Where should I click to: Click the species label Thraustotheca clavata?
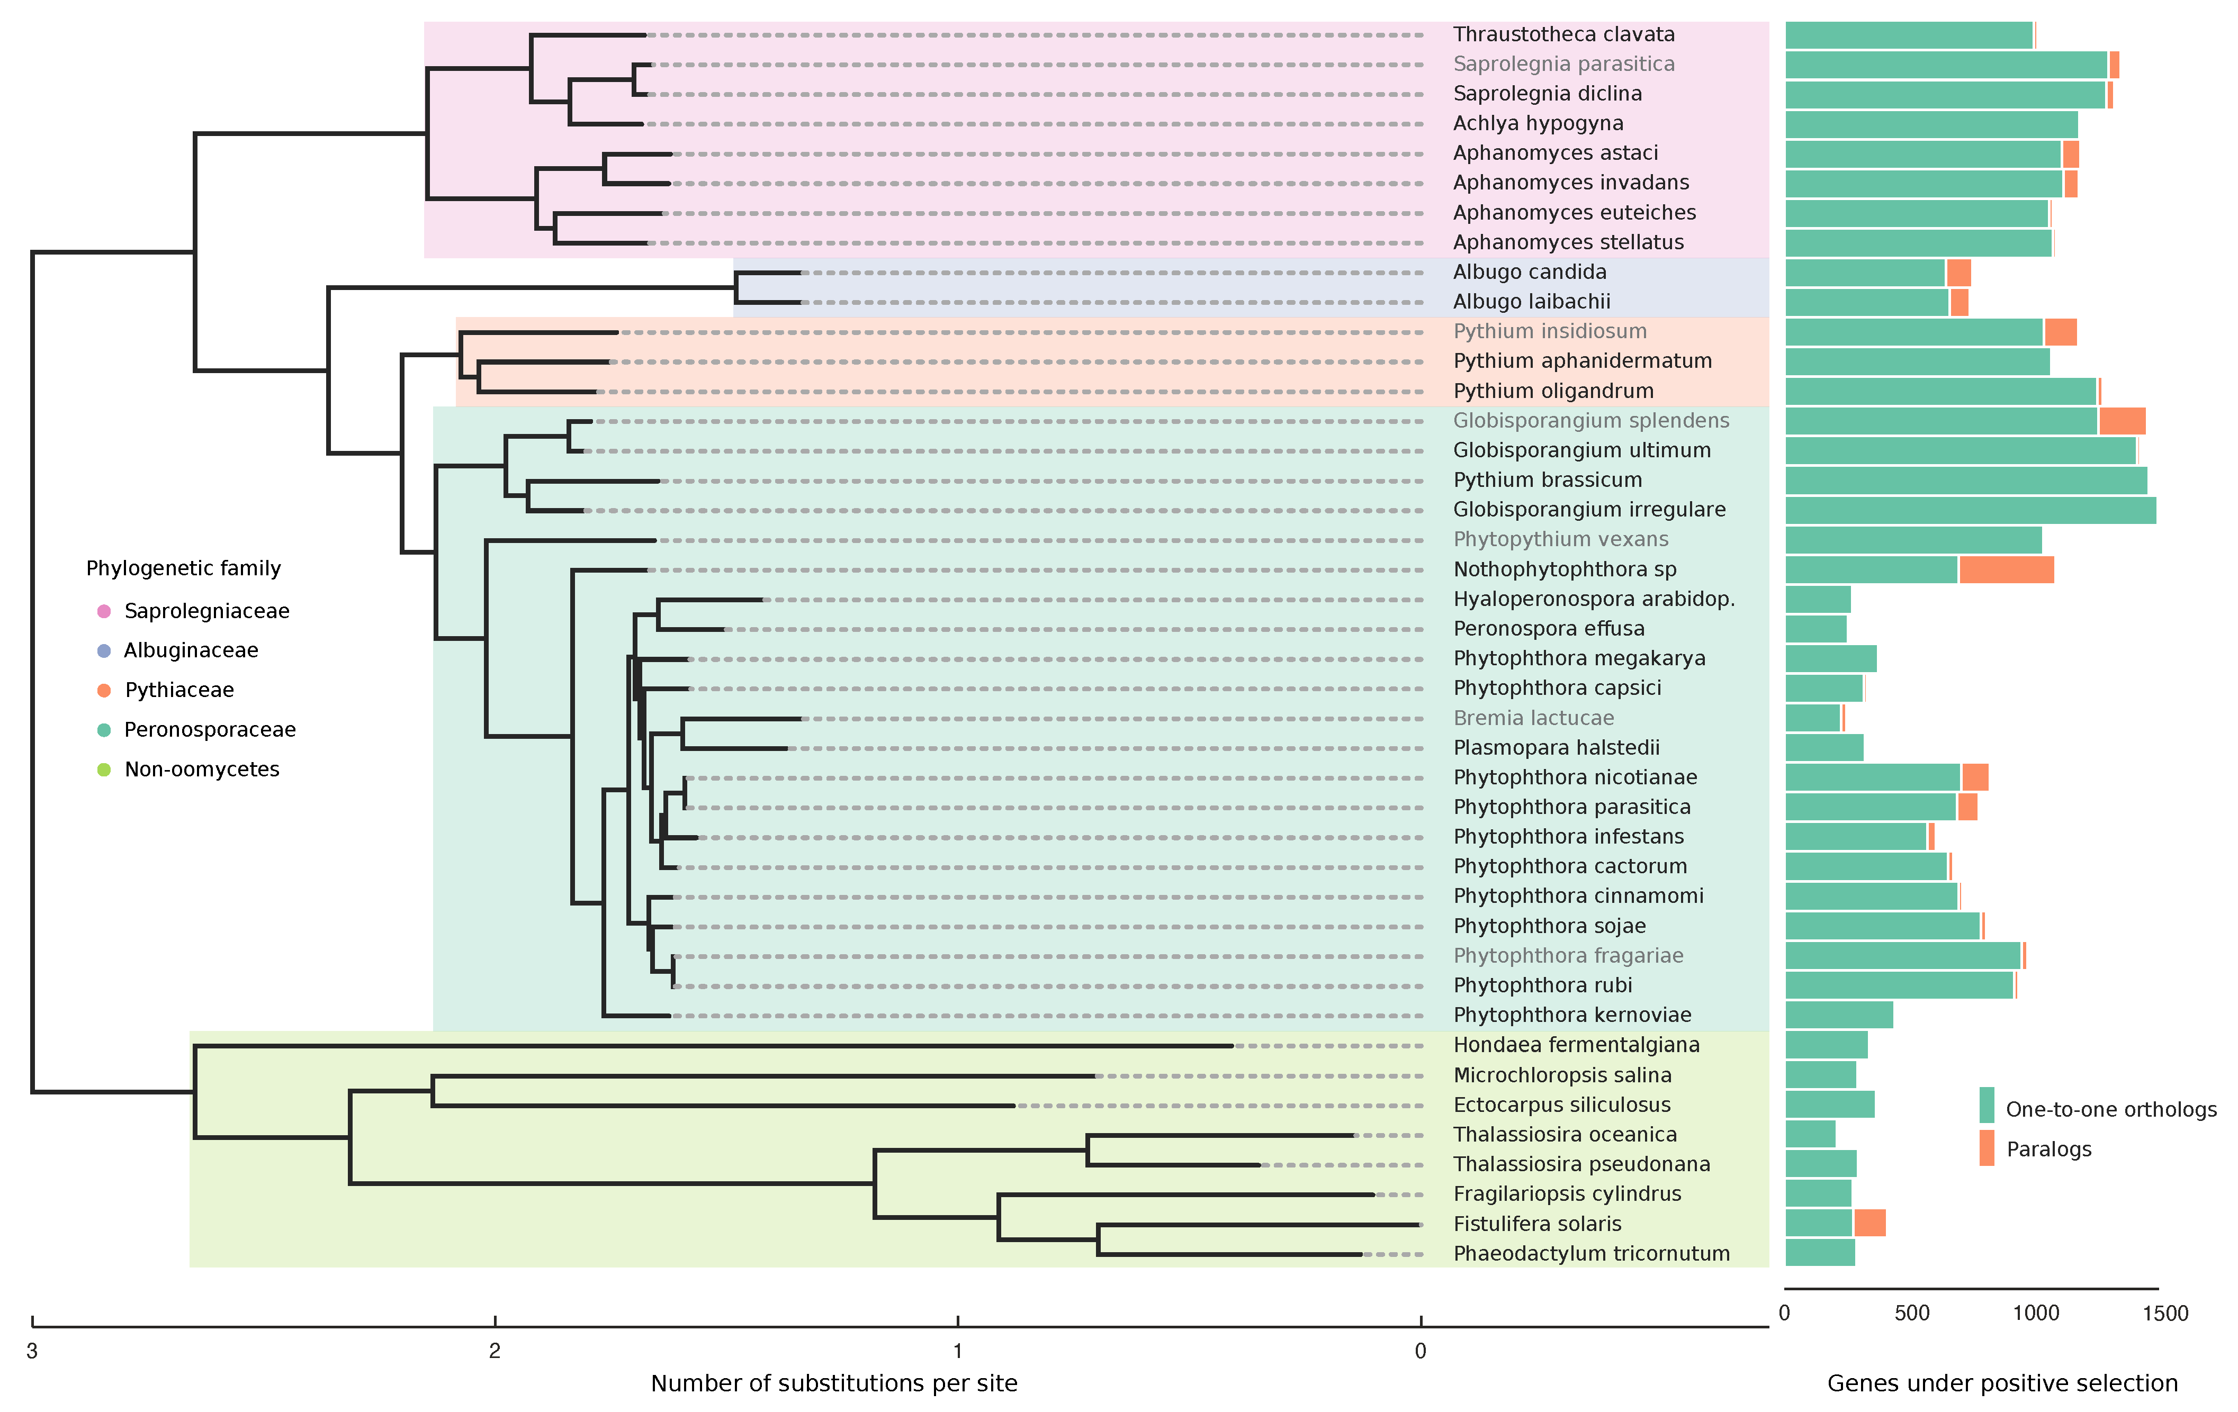click(1563, 34)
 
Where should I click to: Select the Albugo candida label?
click(1529, 272)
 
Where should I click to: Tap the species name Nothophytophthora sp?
click(1564, 569)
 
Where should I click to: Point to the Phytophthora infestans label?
click(1568, 837)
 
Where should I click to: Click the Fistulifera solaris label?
click(1536, 1224)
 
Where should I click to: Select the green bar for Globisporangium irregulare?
click(1970, 510)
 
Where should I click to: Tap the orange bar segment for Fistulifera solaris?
click(1869, 1224)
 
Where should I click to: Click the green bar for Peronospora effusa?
click(1815, 629)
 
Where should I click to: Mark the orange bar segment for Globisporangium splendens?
click(2122, 421)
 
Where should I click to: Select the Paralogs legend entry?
click(2048, 1149)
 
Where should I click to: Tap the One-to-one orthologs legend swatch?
click(1986, 1106)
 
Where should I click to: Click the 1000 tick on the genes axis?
click(2035, 1313)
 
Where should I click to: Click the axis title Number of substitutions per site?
click(834, 1383)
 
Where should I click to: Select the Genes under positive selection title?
click(2002, 1383)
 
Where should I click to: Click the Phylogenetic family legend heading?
click(183, 568)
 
